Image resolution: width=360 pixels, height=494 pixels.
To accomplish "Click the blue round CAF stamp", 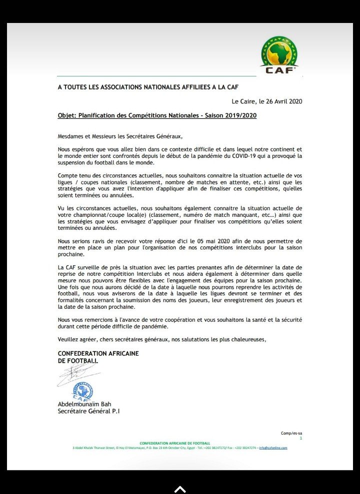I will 83,391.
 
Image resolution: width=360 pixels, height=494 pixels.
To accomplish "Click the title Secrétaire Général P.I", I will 89,412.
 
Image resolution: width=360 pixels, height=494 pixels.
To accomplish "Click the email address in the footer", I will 274,448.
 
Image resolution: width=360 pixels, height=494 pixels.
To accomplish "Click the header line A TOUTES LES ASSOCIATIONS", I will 147,87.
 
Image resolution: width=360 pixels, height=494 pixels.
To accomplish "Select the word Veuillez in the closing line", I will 69,340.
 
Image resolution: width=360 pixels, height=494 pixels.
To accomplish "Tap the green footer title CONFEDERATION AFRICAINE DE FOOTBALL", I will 175,443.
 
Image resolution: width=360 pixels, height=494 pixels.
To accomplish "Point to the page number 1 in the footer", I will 301,438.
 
